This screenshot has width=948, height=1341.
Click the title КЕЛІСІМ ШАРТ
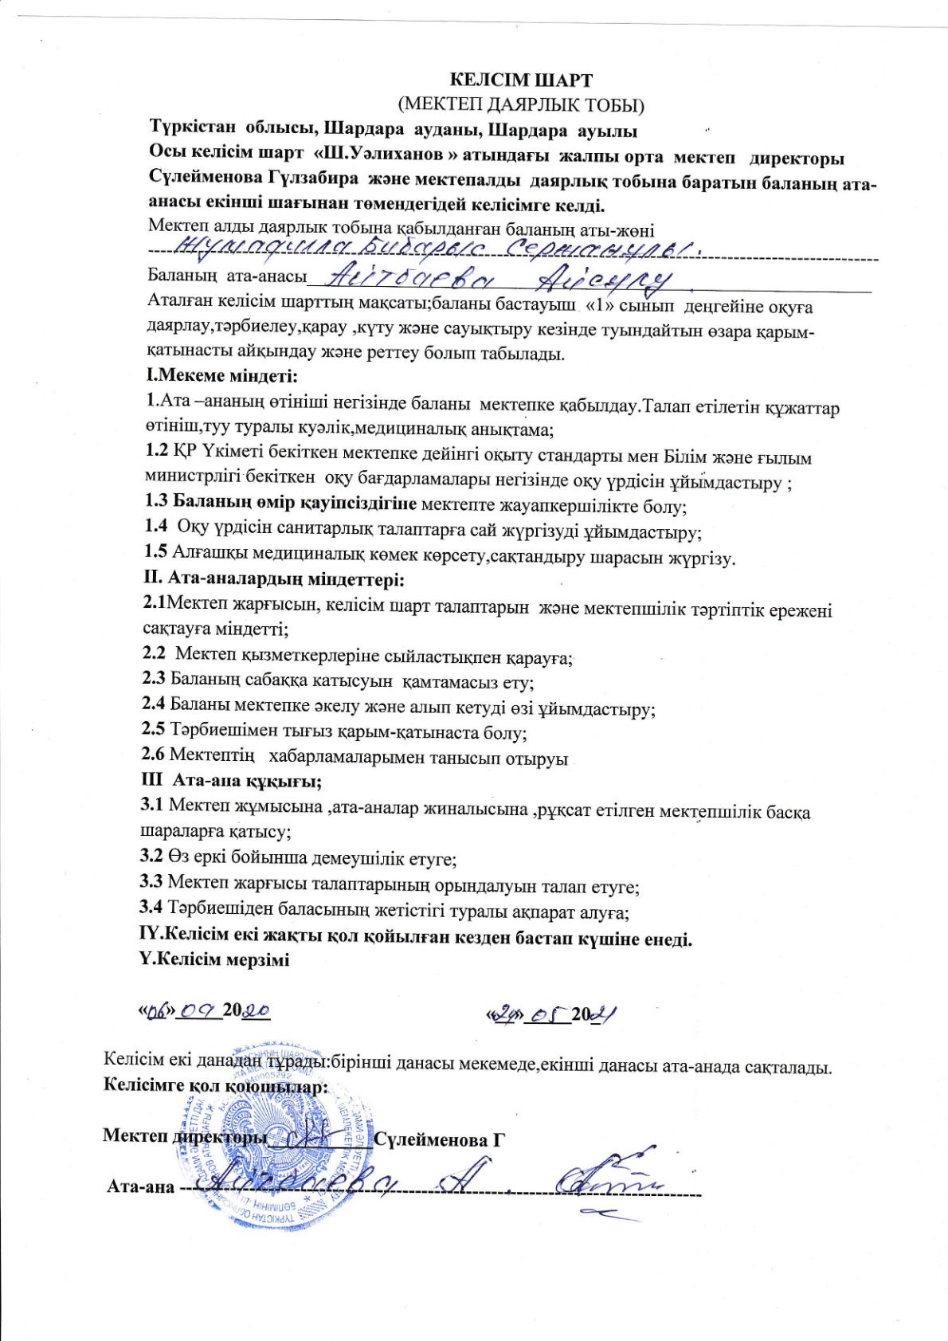(521, 80)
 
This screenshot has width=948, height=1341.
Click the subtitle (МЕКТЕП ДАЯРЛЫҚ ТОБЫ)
(521, 104)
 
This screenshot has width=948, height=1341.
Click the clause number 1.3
(156, 501)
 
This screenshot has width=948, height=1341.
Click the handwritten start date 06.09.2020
(206, 1010)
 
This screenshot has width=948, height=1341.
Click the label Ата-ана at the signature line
(140, 1186)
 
